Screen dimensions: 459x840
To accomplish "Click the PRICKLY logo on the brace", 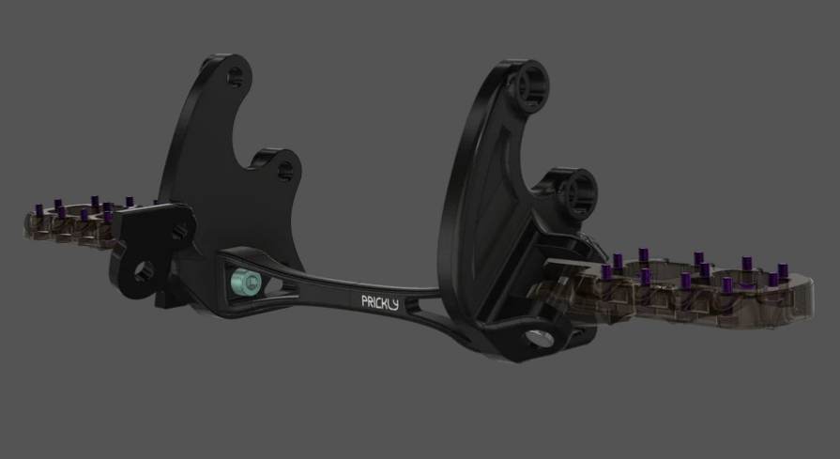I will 380,301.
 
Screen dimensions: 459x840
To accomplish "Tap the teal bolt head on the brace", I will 246,279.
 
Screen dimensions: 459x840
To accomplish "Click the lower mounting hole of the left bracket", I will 281,170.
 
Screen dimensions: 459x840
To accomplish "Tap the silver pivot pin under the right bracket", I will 542,338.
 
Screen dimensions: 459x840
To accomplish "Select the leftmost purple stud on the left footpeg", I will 40,208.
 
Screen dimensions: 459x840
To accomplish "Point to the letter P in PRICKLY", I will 365,302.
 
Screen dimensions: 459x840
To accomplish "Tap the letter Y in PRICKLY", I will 395,301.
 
